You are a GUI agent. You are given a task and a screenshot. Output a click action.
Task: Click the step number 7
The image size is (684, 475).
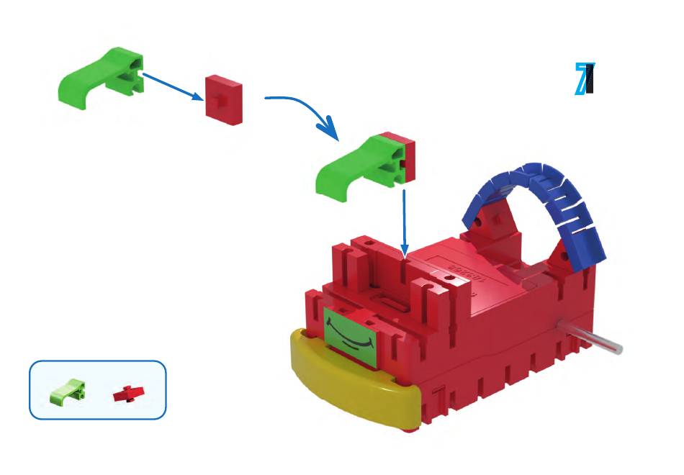pos(585,79)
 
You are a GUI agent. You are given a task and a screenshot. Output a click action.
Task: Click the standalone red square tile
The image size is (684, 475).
pos(224,99)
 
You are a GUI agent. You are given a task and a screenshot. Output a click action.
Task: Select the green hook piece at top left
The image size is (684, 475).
pos(101,77)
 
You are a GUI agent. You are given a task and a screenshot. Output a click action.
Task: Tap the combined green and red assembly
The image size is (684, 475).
pos(366,165)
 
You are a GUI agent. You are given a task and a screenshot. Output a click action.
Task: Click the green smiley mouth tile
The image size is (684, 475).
pos(351,332)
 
